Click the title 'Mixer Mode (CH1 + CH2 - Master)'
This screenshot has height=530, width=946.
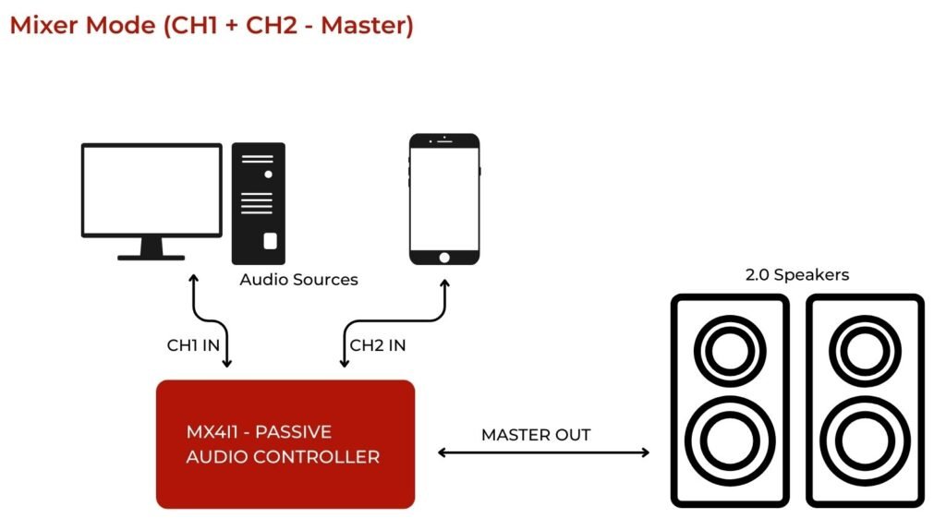pos(212,25)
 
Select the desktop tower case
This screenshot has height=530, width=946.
pos(259,203)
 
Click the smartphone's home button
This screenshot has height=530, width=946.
pos(444,256)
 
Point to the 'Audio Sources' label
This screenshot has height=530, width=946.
pos(298,279)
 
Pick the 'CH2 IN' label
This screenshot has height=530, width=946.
pos(378,345)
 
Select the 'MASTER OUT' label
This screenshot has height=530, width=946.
pos(536,434)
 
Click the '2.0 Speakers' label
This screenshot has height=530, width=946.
pos(796,274)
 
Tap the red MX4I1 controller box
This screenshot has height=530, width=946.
pos(285,443)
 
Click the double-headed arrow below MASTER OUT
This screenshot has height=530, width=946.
pos(543,452)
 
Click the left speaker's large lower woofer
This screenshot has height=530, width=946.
pos(730,440)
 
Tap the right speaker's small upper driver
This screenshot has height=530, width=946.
pos(865,351)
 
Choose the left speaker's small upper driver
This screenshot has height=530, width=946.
pos(730,351)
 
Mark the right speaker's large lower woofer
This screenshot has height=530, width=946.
pos(865,440)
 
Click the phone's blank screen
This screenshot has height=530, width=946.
pos(444,197)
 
